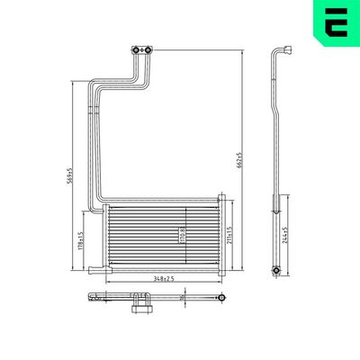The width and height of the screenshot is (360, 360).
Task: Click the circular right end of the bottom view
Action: (218, 297)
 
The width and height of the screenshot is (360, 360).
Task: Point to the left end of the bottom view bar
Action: (92, 297)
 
